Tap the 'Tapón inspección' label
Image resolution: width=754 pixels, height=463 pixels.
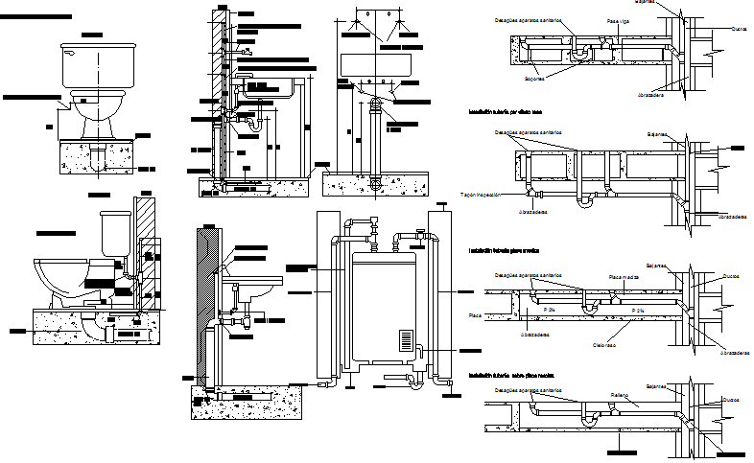[482, 194]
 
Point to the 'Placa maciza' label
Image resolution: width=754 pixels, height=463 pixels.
[624, 276]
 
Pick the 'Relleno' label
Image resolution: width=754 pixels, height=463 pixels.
[621, 393]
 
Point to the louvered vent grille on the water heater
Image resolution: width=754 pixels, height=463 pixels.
[406, 343]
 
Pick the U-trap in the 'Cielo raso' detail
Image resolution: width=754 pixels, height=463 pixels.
[589, 306]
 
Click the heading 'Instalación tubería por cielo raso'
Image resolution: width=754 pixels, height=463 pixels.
[505, 112]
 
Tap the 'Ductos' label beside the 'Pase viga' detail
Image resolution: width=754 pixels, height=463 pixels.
[739, 29]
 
